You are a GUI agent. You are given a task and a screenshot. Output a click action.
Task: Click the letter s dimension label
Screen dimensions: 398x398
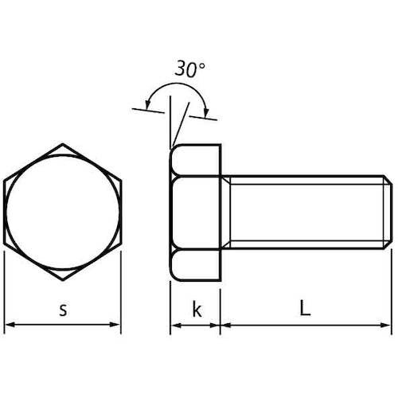tap(63, 310)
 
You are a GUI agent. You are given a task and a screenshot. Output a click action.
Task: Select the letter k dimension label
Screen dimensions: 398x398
tap(197, 310)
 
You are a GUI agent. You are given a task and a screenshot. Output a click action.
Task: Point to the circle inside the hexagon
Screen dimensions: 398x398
tap(63, 213)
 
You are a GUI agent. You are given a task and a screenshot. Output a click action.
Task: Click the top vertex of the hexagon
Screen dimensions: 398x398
tap(63, 145)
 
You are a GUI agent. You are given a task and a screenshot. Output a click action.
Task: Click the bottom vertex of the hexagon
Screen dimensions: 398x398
tap(63, 280)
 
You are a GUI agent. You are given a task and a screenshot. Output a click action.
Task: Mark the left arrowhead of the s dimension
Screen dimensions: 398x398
tap(10, 325)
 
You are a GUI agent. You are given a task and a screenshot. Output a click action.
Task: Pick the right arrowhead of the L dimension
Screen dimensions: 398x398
tap(387, 325)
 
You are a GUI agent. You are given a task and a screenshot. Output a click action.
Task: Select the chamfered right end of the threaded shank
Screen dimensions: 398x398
tap(389, 213)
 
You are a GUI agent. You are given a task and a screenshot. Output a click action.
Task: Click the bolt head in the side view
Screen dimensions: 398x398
tap(196, 213)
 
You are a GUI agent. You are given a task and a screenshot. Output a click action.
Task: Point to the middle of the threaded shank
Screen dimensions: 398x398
tap(306, 213)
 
